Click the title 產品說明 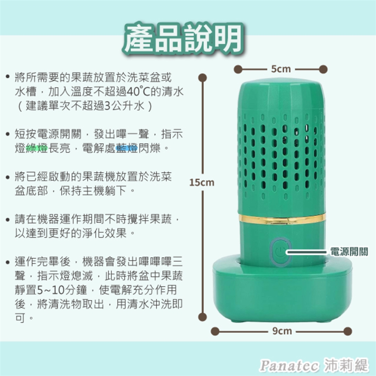coord(183,39)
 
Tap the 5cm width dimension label coord(281,69)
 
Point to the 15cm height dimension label coord(202,183)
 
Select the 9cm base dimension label coord(282,331)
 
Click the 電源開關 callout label coord(349,252)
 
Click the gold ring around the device coord(282,219)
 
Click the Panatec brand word coord(289,365)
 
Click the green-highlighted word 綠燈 coord(37,148)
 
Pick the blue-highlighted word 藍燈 coord(127,148)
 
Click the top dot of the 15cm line coord(202,78)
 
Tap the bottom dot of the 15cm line coord(202,317)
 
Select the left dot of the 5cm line coord(238,69)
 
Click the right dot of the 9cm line coord(347,331)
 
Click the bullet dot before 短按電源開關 coord(8,134)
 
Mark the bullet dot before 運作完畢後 coord(8,262)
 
